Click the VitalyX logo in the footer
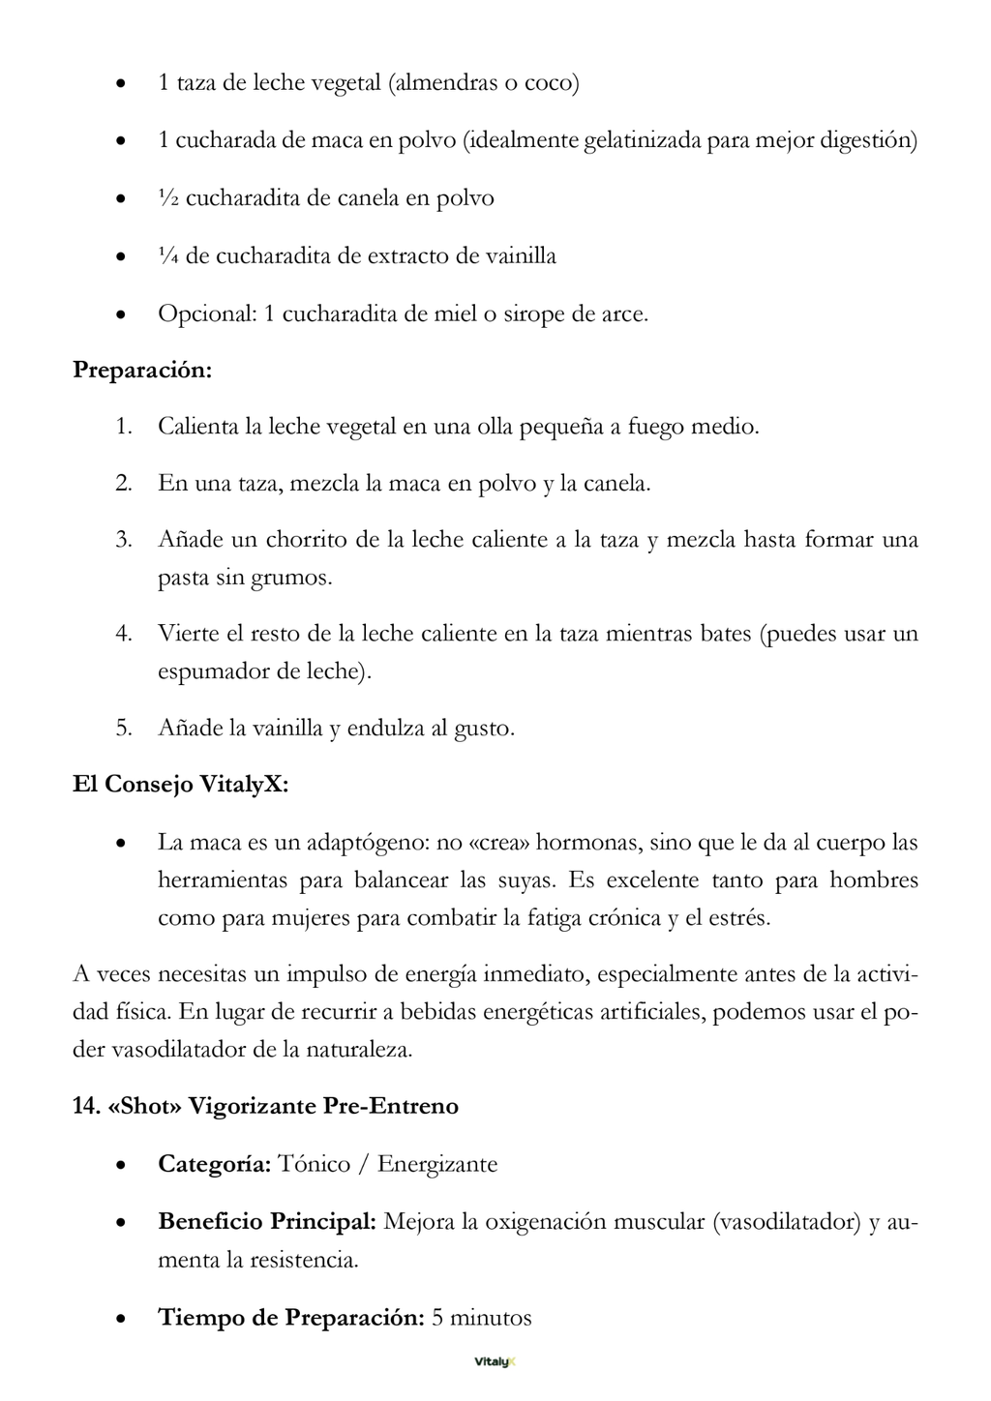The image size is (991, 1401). tap(495, 1361)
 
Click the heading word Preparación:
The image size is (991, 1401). tap(142, 371)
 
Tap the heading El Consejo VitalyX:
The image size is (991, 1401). tap(180, 784)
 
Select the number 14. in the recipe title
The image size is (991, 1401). tap(86, 1106)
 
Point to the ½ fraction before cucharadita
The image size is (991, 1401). tap(167, 198)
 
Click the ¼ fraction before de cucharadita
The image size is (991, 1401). tap(167, 256)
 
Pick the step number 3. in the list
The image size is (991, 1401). tap(123, 540)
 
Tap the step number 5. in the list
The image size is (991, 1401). tap(123, 728)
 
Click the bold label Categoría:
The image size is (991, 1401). tap(214, 1164)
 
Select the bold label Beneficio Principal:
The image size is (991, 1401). tap(267, 1222)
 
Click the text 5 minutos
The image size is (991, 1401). tap(482, 1318)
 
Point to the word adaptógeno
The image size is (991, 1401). tap(367, 843)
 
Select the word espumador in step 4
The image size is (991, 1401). tap(214, 671)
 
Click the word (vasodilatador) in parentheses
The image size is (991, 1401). tap(786, 1222)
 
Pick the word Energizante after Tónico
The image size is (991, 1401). tap(437, 1164)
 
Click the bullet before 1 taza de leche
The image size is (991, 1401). tap(120, 84)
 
